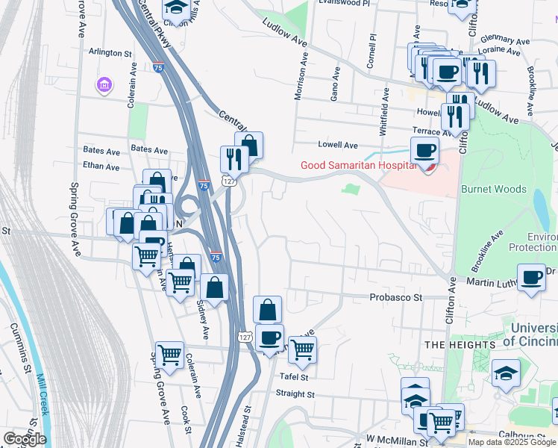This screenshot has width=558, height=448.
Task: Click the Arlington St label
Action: [x=110, y=54]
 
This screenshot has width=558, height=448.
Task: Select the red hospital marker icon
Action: [x=427, y=167]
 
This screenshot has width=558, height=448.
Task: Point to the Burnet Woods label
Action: [x=494, y=190]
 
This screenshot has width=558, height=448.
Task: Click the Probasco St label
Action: [x=396, y=297]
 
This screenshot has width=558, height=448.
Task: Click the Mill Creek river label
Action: [x=42, y=395]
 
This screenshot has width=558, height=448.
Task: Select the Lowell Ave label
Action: [x=338, y=145]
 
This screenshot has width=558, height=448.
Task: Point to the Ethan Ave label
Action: [x=101, y=167]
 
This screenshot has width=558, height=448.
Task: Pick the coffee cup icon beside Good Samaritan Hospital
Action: [x=424, y=150]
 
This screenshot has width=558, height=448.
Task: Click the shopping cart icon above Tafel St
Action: [x=302, y=349]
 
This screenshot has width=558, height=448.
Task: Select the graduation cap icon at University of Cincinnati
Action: [x=506, y=373]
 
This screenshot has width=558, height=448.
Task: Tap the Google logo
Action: [x=25, y=439]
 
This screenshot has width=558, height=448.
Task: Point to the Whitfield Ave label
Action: [x=385, y=112]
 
